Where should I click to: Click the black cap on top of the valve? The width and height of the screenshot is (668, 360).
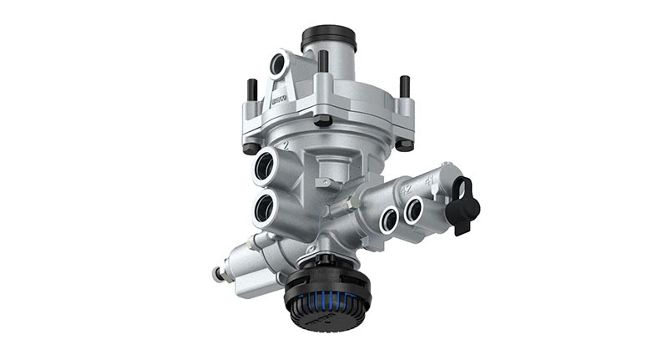[328, 37]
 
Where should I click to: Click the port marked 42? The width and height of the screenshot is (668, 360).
[388, 220]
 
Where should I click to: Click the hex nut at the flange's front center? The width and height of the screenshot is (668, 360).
[322, 120]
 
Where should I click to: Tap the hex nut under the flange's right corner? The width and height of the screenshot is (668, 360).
[404, 145]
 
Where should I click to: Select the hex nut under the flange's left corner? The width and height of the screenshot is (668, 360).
[250, 148]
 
